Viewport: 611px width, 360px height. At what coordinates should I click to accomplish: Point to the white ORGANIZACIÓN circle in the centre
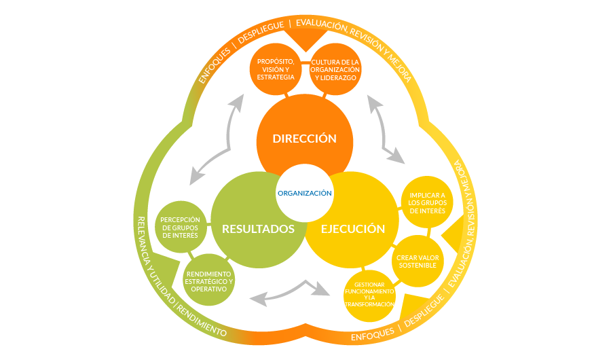tap(304, 193)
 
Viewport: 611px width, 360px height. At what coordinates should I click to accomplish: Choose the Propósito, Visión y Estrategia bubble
tap(276, 69)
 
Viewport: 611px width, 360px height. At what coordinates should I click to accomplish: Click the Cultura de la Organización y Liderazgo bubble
tap(335, 69)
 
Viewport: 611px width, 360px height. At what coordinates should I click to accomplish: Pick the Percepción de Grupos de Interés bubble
tap(180, 227)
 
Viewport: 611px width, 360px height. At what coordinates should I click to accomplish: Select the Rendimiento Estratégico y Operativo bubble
tap(209, 281)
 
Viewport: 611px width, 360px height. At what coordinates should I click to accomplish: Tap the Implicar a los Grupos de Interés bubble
tap(427, 202)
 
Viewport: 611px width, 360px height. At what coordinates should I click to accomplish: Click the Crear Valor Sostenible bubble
tap(418, 261)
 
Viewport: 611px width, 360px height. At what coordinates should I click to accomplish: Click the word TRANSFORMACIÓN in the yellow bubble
tap(370, 304)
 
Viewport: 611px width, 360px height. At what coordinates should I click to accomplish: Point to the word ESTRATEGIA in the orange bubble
tap(276, 77)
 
